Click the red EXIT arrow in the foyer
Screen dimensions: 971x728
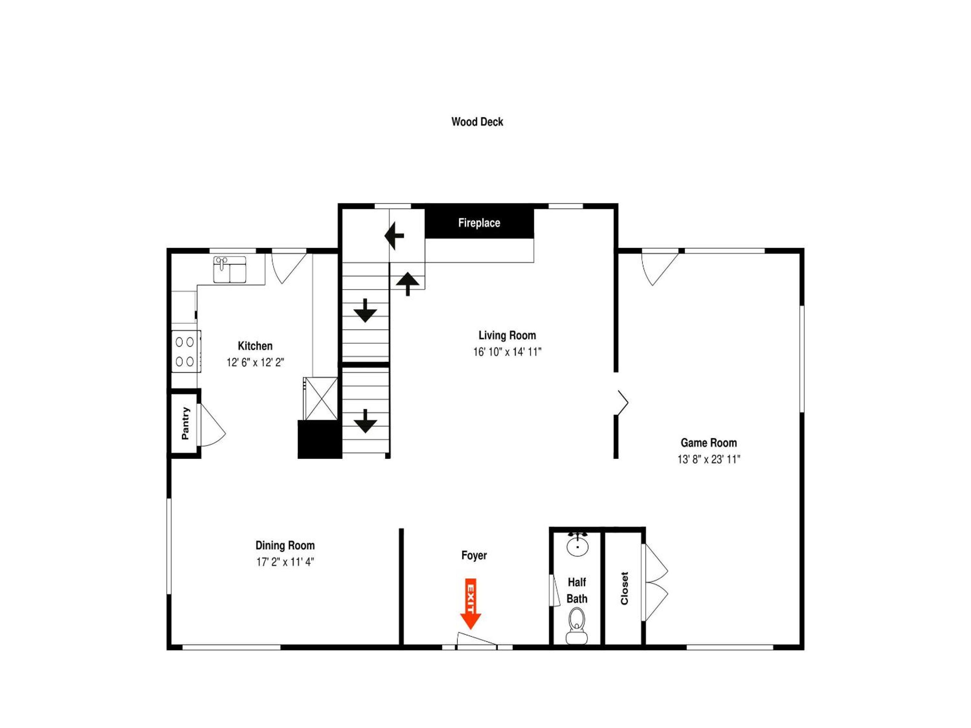[x=470, y=604]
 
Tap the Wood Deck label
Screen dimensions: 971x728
[x=477, y=122]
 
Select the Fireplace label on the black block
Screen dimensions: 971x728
[x=479, y=223]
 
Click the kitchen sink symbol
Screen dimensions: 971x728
[x=230, y=269]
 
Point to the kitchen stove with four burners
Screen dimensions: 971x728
[x=186, y=352]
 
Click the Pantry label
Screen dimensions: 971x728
[x=185, y=423]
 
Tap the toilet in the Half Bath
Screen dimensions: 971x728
[x=577, y=625]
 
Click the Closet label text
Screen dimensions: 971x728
[x=624, y=588]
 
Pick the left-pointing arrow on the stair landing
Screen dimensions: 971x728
[x=394, y=236]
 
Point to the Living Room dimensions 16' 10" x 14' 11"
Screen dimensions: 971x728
[x=507, y=352]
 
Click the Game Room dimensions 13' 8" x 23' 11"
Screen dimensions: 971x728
[x=708, y=459]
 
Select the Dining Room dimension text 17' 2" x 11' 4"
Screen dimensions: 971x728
[x=285, y=562]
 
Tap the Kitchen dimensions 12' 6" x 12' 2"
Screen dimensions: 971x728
[x=255, y=362]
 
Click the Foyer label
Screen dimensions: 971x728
[x=474, y=555]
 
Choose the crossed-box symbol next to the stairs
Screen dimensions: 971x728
[x=321, y=398]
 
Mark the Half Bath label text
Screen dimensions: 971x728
[x=577, y=590]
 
